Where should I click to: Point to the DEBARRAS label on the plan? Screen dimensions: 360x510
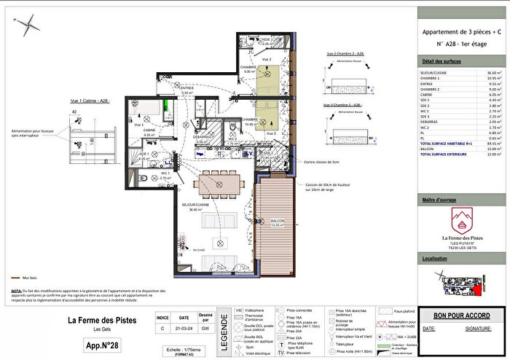[202, 136]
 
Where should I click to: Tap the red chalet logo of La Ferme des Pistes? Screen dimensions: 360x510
[460, 218]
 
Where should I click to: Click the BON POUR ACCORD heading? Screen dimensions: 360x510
[461, 316]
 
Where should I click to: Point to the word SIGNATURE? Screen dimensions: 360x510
[478, 329]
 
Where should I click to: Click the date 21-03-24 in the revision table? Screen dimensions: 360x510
[185, 329]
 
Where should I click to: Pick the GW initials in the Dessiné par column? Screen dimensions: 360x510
[205, 329]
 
